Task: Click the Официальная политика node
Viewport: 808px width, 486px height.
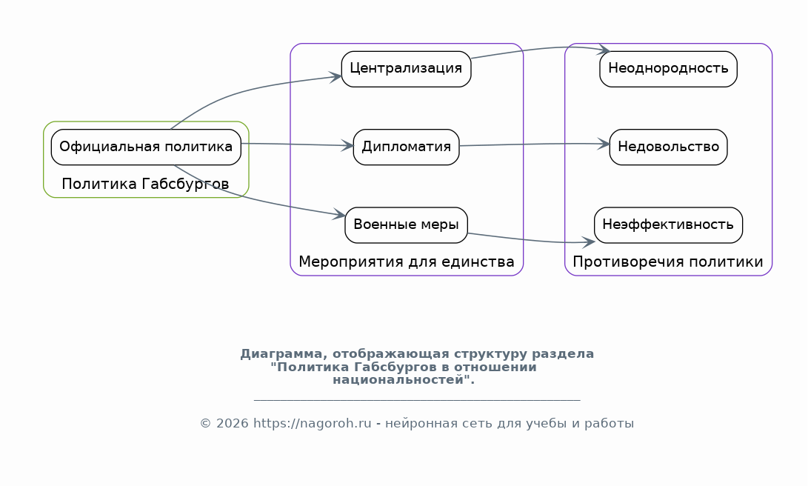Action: coord(146,147)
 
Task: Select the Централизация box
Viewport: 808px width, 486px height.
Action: coord(406,69)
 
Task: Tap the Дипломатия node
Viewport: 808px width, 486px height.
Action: coord(406,147)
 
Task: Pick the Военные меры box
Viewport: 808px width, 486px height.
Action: coord(406,225)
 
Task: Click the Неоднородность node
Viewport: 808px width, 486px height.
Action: coord(668,69)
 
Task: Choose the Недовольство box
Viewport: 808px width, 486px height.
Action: coord(668,147)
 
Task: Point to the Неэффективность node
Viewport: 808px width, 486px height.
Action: coord(668,225)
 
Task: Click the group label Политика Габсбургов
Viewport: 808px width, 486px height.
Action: coord(145,184)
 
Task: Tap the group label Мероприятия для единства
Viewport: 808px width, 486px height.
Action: coord(406,262)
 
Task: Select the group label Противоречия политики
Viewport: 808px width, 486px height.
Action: coord(668,262)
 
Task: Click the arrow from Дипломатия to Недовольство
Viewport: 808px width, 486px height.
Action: coord(535,144)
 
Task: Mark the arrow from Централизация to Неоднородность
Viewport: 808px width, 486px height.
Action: coord(541,48)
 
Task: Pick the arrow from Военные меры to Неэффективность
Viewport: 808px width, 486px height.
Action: coord(531,240)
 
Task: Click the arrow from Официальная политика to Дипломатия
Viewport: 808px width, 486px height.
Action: coord(297,144)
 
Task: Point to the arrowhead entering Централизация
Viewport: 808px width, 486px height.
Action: coord(336,77)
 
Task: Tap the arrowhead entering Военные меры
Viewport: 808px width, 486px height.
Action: coord(339,215)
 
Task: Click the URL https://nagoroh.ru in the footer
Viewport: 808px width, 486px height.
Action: coord(313,424)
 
